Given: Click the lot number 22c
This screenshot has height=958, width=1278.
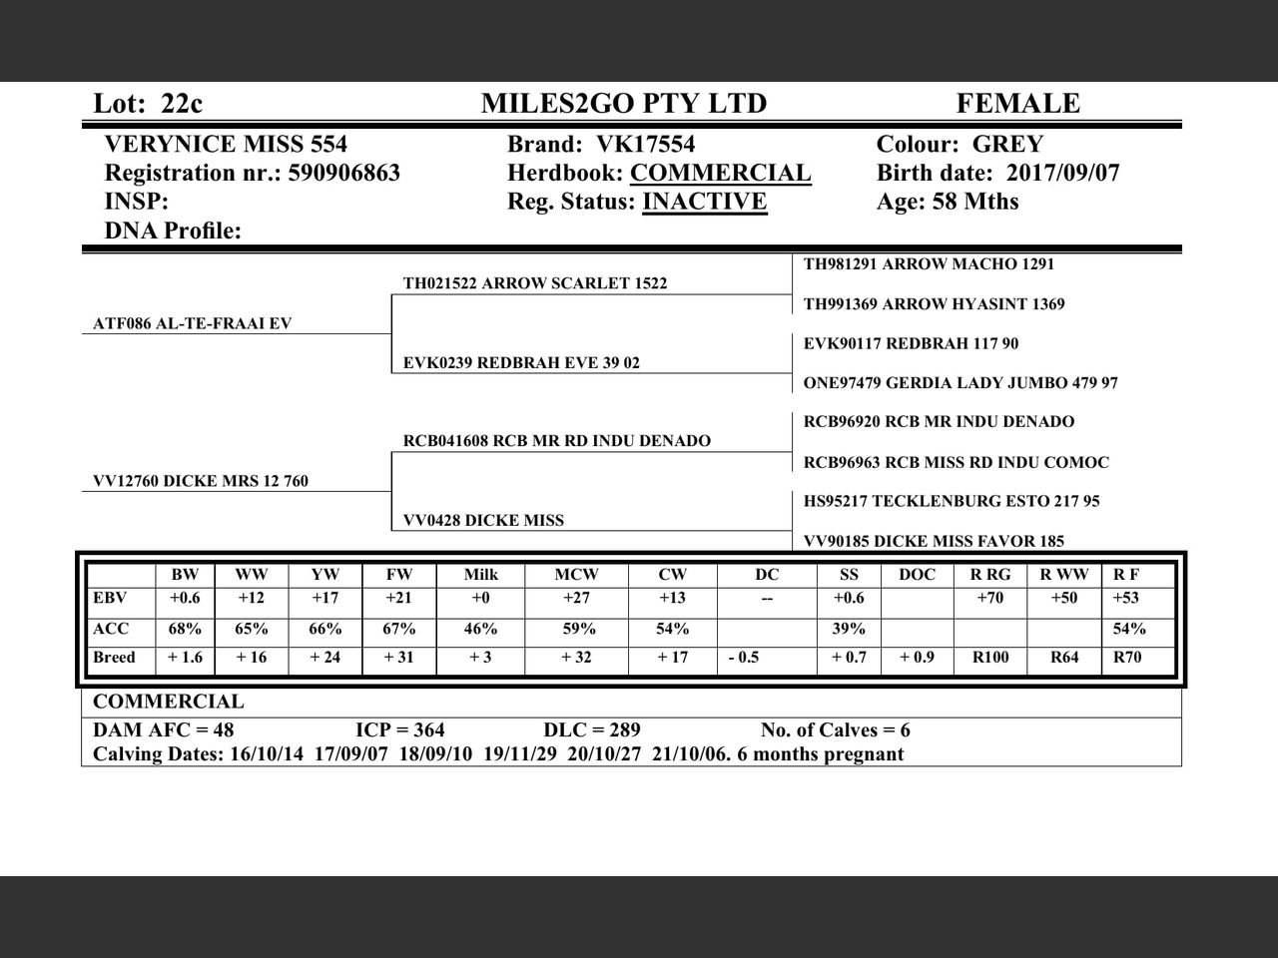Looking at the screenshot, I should (x=181, y=104).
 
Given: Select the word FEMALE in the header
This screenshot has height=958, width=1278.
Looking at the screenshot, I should (x=1017, y=104).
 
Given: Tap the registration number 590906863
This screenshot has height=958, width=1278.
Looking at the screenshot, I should (x=343, y=173).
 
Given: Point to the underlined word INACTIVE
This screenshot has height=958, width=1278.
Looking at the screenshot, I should (x=704, y=202).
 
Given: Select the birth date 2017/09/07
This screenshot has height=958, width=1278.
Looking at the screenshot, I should (x=1062, y=173).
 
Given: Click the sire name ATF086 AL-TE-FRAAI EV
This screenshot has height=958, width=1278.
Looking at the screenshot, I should (x=192, y=323).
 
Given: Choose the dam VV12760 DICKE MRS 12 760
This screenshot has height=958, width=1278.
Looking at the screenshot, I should (x=200, y=481).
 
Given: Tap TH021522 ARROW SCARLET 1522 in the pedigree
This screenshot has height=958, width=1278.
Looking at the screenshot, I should (x=534, y=283).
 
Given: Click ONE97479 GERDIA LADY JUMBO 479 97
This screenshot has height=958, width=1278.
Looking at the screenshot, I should (x=960, y=383).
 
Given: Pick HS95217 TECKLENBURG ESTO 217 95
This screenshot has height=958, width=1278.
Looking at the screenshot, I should (x=951, y=501).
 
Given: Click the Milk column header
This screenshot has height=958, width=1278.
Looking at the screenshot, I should (x=480, y=575).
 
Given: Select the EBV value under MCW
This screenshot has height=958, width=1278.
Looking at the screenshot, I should (x=576, y=598).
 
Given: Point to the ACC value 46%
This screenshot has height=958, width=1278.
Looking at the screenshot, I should (x=480, y=629).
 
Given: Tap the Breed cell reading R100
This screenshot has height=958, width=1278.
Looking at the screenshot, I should (x=989, y=658).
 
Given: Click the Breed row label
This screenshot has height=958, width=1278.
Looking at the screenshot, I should (x=114, y=658).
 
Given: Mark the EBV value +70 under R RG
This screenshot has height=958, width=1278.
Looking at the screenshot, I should (x=989, y=598).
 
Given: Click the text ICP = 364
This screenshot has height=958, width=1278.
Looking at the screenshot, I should (x=399, y=730).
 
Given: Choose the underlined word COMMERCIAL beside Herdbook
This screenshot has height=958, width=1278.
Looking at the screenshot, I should (x=720, y=173).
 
